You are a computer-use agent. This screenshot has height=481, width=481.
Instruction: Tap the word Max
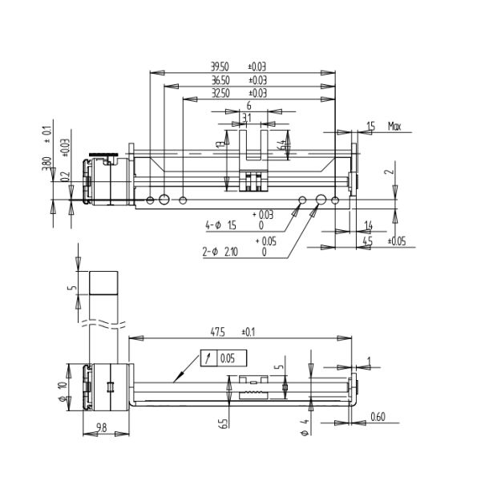(x=394, y=126)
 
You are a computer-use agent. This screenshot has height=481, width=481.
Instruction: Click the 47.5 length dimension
(x=216, y=331)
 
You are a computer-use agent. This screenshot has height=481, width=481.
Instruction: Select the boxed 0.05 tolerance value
(x=228, y=358)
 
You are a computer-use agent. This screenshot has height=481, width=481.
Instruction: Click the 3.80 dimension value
(x=48, y=167)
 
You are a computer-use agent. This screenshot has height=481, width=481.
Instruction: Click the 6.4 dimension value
(x=281, y=144)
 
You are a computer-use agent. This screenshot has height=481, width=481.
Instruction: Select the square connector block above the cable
(x=104, y=284)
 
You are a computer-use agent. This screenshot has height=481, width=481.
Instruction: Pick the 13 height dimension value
(x=219, y=143)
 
